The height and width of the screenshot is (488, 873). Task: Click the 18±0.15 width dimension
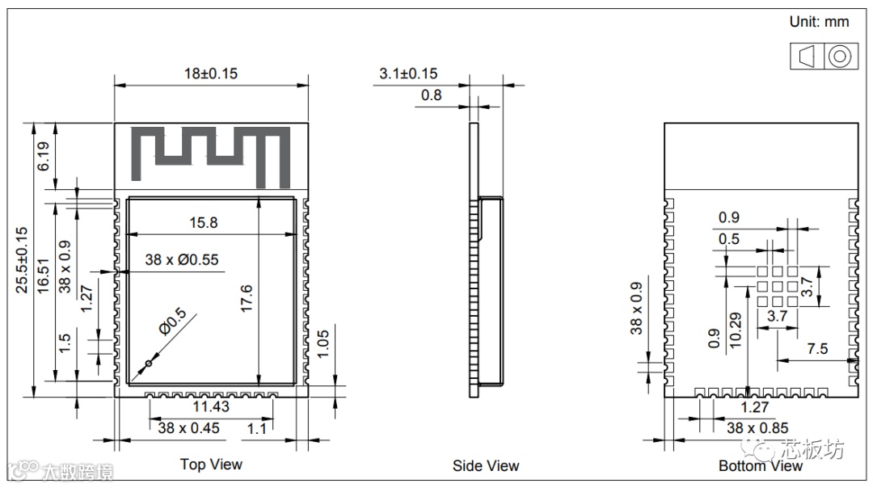(x=210, y=73)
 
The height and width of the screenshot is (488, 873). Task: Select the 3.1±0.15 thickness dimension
(x=408, y=74)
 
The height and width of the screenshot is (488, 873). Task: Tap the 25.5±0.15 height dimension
(x=21, y=259)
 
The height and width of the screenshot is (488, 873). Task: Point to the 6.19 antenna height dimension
(x=44, y=156)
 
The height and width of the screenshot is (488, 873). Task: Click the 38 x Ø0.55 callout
(x=182, y=260)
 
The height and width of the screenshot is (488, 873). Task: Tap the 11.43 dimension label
(x=210, y=406)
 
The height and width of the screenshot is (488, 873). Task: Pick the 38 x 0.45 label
(x=188, y=428)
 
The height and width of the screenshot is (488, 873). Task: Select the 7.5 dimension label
(x=817, y=348)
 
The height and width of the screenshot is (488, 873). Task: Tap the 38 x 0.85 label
(x=757, y=428)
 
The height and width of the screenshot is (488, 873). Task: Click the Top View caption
(x=210, y=465)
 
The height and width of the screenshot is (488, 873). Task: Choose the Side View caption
(x=485, y=465)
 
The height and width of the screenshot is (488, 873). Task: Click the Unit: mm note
(x=819, y=22)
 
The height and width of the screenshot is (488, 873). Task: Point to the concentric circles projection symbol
(x=839, y=57)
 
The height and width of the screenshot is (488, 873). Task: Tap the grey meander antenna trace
(x=212, y=153)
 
